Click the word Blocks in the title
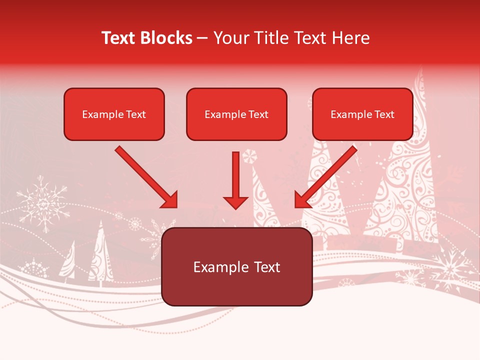166,38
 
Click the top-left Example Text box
114,114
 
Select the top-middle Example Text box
236,114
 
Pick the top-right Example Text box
362,114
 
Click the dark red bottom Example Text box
236,266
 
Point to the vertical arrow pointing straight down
235,180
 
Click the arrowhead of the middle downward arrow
235,202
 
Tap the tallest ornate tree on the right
405,185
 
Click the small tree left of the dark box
100,252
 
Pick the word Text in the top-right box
384,114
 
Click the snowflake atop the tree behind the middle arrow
248,156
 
